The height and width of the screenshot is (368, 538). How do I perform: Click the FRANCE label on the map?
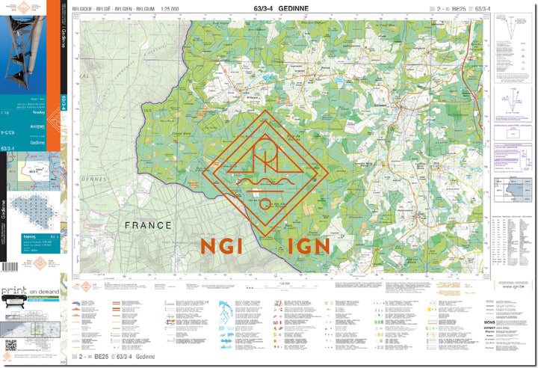click(148, 224)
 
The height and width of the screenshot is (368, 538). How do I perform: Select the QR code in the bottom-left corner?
click(10, 345)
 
